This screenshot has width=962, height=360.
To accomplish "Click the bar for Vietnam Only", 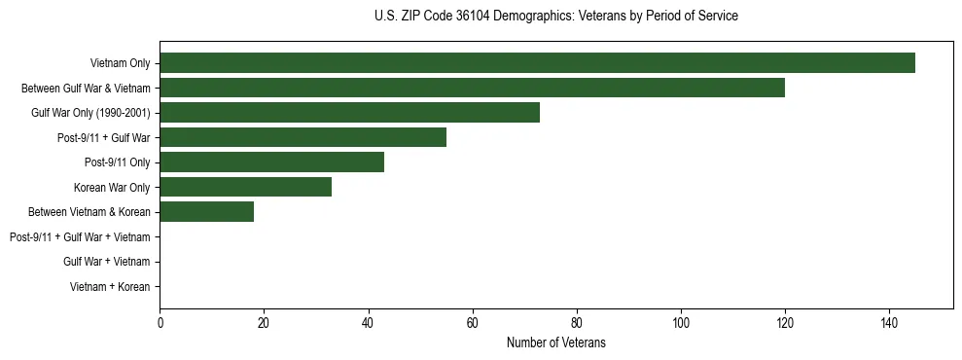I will click(537, 63).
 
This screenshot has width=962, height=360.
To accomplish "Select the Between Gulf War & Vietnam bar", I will click(472, 88).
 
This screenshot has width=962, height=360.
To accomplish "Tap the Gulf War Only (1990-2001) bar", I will click(349, 113).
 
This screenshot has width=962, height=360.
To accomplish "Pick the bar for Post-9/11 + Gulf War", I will click(303, 137).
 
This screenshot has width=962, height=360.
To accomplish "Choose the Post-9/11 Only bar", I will click(271, 162).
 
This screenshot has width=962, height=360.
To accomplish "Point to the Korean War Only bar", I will click(245, 187).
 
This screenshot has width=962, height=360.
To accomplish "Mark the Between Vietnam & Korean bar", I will click(206, 212).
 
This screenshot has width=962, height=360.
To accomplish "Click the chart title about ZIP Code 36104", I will click(555, 17).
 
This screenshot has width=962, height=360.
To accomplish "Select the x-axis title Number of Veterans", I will click(555, 342).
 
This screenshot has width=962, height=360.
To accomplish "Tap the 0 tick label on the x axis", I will click(160, 322).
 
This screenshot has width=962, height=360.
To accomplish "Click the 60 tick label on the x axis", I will click(473, 322).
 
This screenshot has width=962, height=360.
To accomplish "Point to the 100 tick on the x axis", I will click(681, 322).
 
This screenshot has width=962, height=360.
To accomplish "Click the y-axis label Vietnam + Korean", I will click(110, 287).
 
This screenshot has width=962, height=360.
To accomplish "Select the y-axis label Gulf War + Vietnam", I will click(106, 262).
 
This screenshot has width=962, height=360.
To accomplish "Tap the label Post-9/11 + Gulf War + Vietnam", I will click(80, 237).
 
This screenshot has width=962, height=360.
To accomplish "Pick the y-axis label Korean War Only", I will click(112, 187).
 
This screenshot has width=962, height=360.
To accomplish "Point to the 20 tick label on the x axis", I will click(264, 322).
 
